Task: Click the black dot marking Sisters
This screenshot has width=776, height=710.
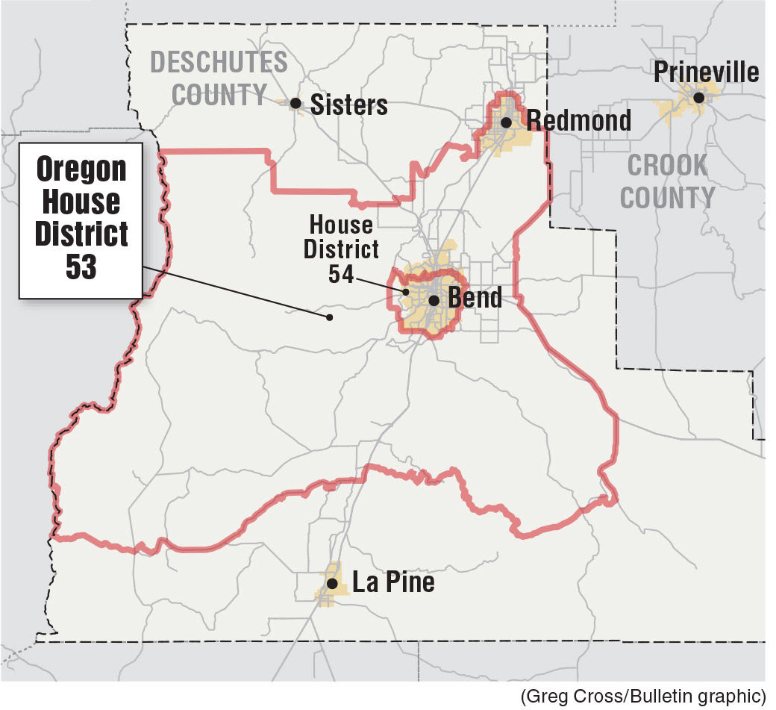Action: pos(296,104)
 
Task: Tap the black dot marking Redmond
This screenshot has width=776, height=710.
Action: pos(506,122)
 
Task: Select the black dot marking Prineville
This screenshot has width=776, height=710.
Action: pos(698,97)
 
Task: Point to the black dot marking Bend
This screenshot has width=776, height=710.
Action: pos(434,300)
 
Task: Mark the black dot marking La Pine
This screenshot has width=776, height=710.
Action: pos(333,584)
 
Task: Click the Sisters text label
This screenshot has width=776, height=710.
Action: pos(348,105)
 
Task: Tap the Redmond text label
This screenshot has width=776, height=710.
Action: pos(578,119)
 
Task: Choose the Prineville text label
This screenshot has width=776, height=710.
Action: pos(706,72)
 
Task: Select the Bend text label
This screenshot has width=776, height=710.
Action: pos(475,298)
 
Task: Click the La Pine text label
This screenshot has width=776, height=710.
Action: pos(393,582)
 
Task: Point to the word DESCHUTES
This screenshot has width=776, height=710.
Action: pos(219,62)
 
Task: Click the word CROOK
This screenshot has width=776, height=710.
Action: pos(667,166)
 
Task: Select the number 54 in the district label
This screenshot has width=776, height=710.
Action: pos(341,274)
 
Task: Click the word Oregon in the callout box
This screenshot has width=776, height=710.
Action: pos(81,169)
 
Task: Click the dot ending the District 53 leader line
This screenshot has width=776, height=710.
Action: pos(329,317)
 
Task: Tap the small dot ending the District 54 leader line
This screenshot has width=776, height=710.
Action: pos(406,292)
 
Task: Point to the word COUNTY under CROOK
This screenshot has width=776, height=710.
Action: pos(667,198)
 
